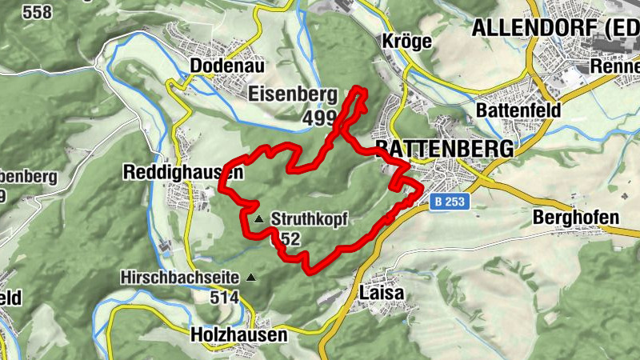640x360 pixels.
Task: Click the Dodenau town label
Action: (x=227, y=66)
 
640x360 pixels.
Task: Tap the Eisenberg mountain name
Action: (x=293, y=94)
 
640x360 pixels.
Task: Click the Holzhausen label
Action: (x=239, y=335)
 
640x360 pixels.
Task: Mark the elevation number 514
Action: (x=226, y=298)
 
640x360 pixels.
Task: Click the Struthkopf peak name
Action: (x=310, y=219)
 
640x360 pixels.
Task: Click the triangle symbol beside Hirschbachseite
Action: (x=252, y=278)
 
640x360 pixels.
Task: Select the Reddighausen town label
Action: (x=182, y=172)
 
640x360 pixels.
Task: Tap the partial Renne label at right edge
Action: (x=614, y=66)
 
